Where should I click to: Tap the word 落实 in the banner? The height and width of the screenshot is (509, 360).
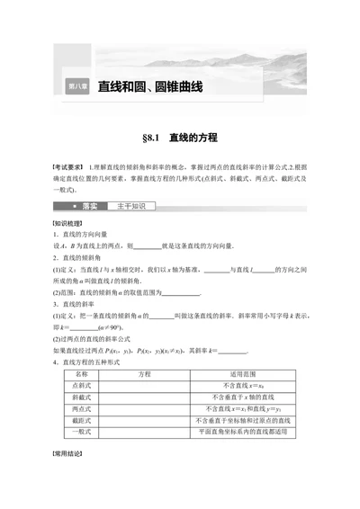(90, 206)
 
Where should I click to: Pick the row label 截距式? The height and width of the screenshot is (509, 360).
(79, 419)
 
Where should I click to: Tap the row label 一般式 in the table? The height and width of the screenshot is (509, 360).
(79, 431)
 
